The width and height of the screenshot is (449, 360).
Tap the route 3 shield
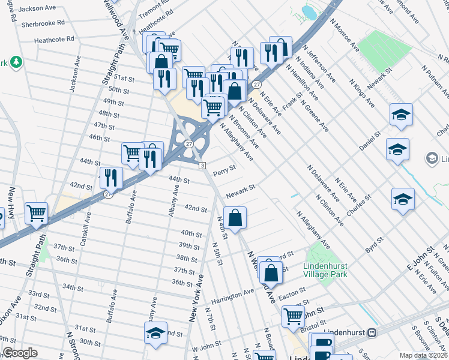(x=203, y=166)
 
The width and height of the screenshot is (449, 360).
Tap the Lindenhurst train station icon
(x=372, y=332)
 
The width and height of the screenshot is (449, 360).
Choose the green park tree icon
(x=17, y=62)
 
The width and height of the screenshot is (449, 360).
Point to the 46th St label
(x=100, y=137)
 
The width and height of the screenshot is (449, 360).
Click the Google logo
(x=20, y=353)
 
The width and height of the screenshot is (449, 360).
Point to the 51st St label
(x=124, y=79)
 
